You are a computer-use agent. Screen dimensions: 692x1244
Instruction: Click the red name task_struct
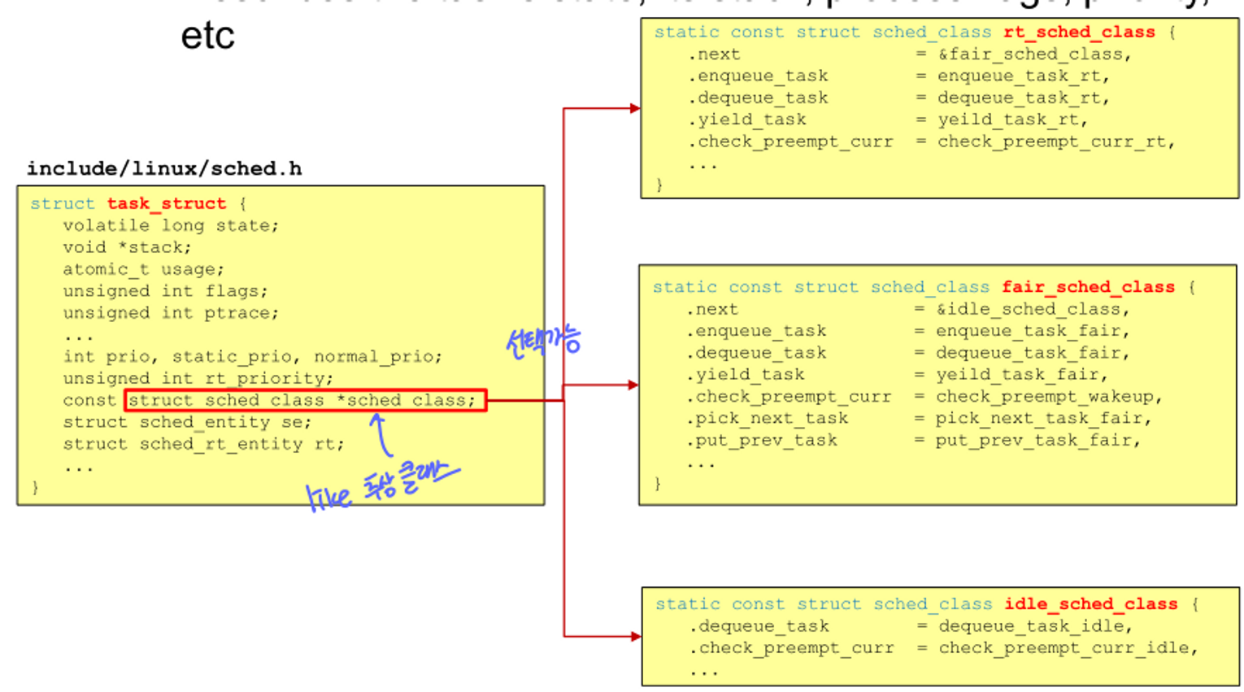pos(166,203)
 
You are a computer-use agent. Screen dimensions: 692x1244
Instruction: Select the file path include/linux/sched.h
pos(164,168)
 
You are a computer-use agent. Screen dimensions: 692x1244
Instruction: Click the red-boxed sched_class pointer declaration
pos(306,400)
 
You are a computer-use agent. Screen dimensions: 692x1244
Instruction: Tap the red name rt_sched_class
pos(1079,33)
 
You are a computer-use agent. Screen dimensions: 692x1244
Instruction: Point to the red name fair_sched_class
pos(1088,287)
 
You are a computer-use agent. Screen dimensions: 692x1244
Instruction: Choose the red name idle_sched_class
pos(1090,604)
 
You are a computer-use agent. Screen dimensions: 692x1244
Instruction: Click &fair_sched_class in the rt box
pos(1033,54)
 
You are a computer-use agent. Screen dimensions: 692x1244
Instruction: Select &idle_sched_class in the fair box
pos(1032,309)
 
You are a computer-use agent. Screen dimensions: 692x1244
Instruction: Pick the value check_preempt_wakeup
pos(1048,397)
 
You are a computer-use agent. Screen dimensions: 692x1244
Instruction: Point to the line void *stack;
pos(127,247)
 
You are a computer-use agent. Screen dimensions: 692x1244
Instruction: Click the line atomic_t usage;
pos(143,269)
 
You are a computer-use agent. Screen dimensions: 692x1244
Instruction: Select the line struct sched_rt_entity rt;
pos(203,444)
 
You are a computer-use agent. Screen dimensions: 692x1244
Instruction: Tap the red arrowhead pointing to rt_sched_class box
pos(634,108)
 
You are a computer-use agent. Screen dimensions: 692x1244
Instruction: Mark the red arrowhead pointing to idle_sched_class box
pos(636,636)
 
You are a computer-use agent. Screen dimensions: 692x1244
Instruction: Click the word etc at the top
pos(207,36)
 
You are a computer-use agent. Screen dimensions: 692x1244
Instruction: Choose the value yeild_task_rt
pos(1011,120)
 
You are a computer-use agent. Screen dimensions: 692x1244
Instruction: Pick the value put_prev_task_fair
pos(1037,441)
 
